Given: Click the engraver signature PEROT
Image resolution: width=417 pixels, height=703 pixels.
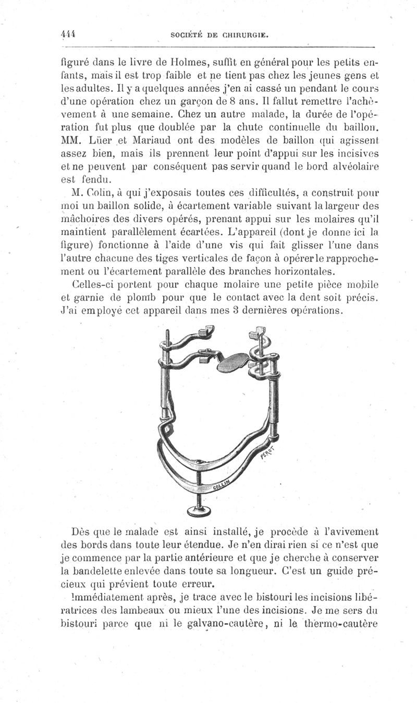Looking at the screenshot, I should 268,453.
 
